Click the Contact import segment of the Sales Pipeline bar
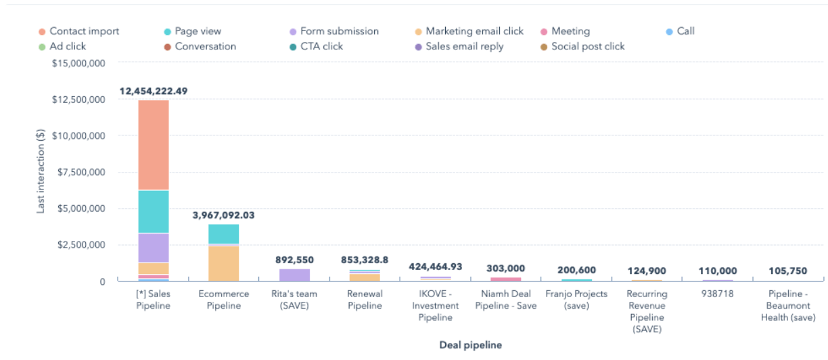click(x=154, y=145)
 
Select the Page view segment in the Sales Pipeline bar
click(x=154, y=212)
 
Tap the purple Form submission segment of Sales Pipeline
click(x=154, y=248)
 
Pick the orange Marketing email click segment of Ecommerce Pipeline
click(x=223, y=263)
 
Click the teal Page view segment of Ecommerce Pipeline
click(x=223, y=234)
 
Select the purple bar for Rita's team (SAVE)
click(x=294, y=275)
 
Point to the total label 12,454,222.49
click(x=154, y=91)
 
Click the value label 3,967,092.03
click(x=223, y=215)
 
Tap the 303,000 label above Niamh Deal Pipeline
click(x=505, y=269)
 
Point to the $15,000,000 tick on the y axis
click(x=78, y=63)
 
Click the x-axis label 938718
click(x=717, y=294)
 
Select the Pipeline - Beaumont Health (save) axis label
click(x=787, y=306)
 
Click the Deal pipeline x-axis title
click(x=470, y=345)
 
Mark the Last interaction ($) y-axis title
click(x=41, y=172)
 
